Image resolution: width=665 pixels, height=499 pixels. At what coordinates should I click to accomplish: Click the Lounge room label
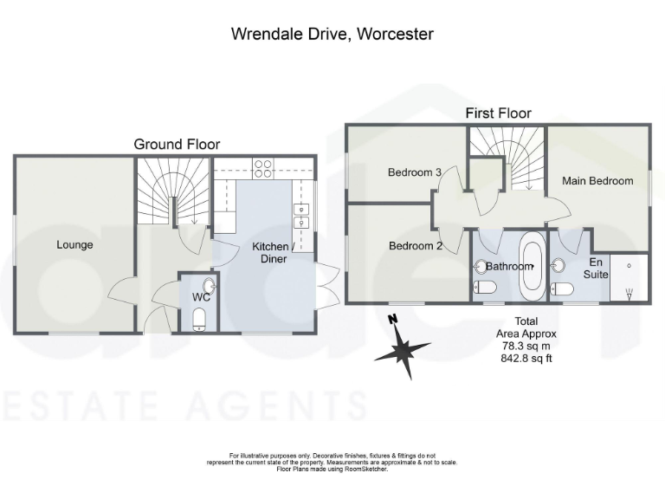[74, 245]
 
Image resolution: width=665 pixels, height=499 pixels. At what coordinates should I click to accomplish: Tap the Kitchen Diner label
[270, 252]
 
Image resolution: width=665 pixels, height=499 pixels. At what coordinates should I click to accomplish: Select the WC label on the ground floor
[202, 296]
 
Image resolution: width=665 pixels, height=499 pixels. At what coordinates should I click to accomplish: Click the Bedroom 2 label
[415, 246]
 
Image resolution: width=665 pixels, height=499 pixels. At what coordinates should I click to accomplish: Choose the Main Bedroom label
[596, 181]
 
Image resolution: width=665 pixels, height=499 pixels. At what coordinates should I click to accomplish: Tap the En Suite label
[595, 267]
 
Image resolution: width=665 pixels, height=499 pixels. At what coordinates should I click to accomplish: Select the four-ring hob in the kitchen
[262, 167]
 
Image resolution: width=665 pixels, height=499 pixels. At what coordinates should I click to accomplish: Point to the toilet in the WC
[200, 320]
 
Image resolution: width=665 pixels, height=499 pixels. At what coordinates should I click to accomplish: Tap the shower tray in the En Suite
[629, 276]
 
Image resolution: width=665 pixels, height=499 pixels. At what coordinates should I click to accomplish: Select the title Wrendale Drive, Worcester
[332, 35]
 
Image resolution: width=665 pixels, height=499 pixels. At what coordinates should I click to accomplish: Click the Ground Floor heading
[177, 144]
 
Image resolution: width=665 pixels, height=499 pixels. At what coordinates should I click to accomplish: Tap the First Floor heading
[498, 113]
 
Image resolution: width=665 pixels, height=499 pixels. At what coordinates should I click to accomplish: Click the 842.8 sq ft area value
[526, 355]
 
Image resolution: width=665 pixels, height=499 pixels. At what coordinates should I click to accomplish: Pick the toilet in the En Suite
[560, 288]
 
